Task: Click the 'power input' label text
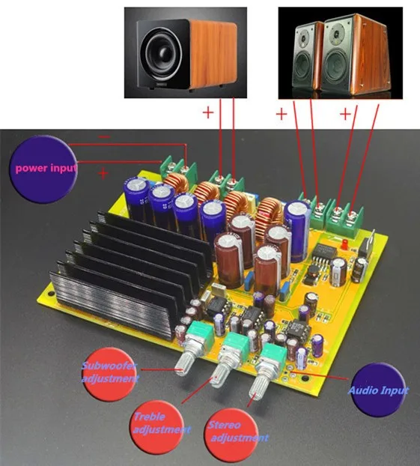46,169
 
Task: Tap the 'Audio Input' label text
378,390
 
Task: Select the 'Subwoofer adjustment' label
109,372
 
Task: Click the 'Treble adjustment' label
161,423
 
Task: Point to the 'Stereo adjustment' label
237,432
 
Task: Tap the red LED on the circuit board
345,244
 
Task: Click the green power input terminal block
179,172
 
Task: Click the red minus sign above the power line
104,136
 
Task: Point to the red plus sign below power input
103,173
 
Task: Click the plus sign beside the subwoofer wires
208,112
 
